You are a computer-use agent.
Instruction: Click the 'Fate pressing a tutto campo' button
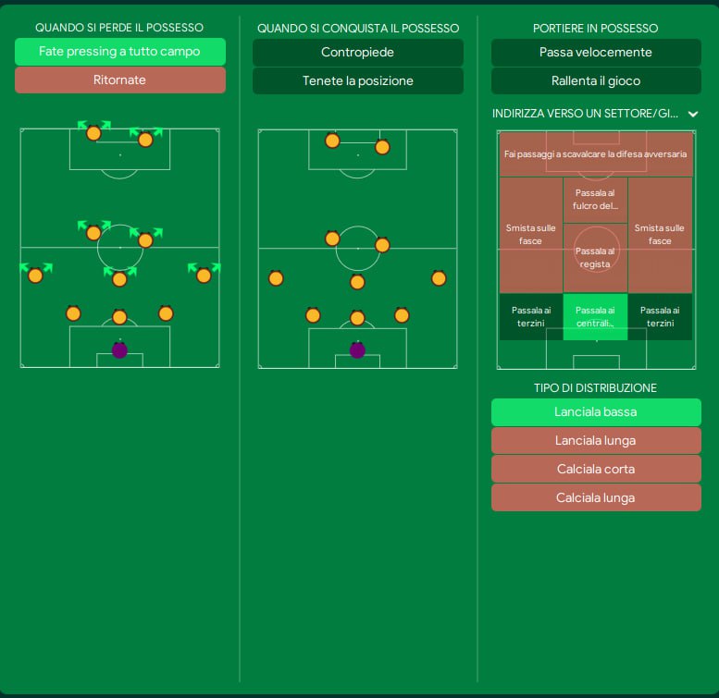[x=119, y=52]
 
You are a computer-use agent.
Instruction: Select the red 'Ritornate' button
[x=119, y=80]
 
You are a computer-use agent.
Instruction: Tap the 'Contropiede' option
[x=357, y=53]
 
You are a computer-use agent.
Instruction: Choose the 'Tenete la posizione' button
[x=357, y=81]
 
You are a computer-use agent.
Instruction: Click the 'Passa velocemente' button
[x=595, y=53]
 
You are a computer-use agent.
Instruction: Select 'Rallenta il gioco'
[x=595, y=81]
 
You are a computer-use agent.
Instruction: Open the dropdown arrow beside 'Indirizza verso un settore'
[x=693, y=114]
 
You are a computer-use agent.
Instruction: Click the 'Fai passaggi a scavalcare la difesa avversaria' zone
[x=595, y=153]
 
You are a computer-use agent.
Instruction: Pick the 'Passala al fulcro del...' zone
[x=595, y=200]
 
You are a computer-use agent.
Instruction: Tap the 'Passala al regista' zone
[x=595, y=257]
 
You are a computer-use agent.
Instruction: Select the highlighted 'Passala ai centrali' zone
[x=595, y=316]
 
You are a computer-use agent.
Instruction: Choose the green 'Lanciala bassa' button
[x=595, y=412]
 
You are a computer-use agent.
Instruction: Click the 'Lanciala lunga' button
[x=595, y=441]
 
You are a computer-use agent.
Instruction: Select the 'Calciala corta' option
[x=595, y=470]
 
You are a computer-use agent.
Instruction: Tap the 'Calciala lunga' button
[x=595, y=498]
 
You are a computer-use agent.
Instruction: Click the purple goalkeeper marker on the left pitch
[x=119, y=350]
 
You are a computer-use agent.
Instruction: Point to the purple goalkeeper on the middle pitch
[x=357, y=350]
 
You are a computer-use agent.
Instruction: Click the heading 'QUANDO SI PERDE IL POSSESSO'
[x=119, y=28]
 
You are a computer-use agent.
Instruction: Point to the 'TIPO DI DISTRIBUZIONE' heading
[x=595, y=388]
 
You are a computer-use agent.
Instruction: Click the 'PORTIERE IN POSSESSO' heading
[x=595, y=29]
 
